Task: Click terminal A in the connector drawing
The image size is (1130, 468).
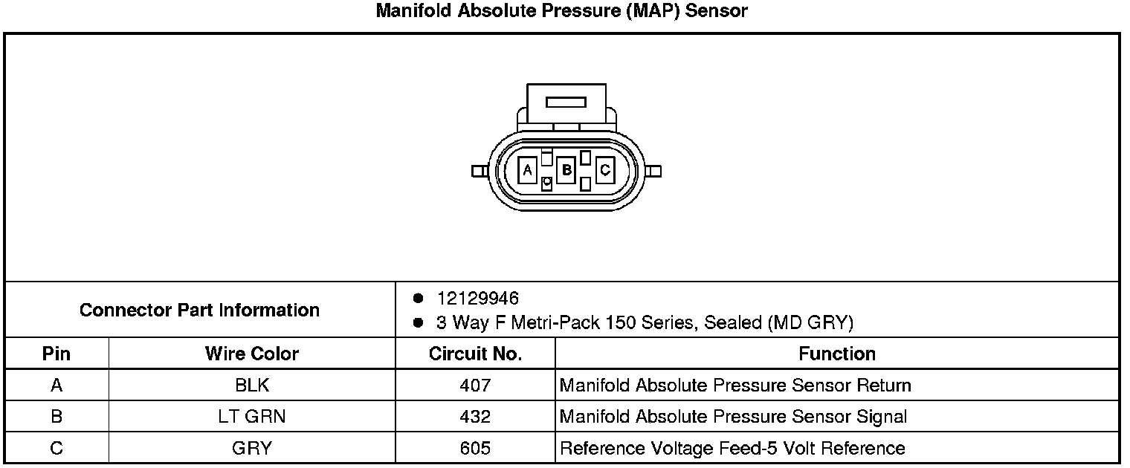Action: click(x=528, y=170)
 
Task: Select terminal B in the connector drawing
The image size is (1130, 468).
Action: click(x=566, y=170)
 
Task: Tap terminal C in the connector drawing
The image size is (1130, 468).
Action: click(x=605, y=170)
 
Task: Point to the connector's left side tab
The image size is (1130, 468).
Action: click(x=480, y=172)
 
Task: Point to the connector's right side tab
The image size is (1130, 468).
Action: click(x=653, y=172)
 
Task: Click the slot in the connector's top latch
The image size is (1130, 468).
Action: click(x=566, y=103)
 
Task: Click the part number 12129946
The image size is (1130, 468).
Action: click(x=478, y=299)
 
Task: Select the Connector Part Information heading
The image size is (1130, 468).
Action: click(x=199, y=310)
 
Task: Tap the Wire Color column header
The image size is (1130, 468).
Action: click(x=252, y=354)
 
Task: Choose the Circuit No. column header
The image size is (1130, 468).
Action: click(x=475, y=354)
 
